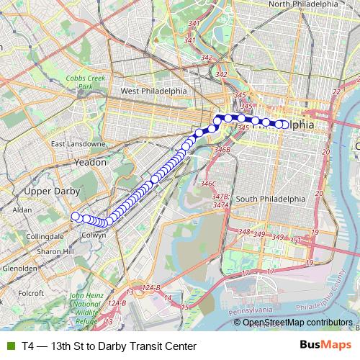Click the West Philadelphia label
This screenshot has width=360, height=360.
pyautogui.click(x=153, y=91)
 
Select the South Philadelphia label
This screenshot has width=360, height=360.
pyautogui.click(x=270, y=199)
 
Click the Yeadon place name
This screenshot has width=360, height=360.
pyautogui.click(x=91, y=163)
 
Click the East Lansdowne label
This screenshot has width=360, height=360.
pyautogui.click(x=78, y=144)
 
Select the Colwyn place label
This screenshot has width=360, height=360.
pyautogui.click(x=94, y=234)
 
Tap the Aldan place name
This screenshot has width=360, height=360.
pyautogui.click(x=22, y=210)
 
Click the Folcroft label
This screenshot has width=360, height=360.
pyautogui.click(x=32, y=293)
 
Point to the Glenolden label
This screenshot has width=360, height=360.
pyautogui.click(x=20, y=268)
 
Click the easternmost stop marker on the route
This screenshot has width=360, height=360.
pyautogui.click(x=284, y=125)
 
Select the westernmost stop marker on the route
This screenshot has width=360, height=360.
pyautogui.click(x=75, y=216)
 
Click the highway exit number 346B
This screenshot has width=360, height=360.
pyautogui.click(x=222, y=150)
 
